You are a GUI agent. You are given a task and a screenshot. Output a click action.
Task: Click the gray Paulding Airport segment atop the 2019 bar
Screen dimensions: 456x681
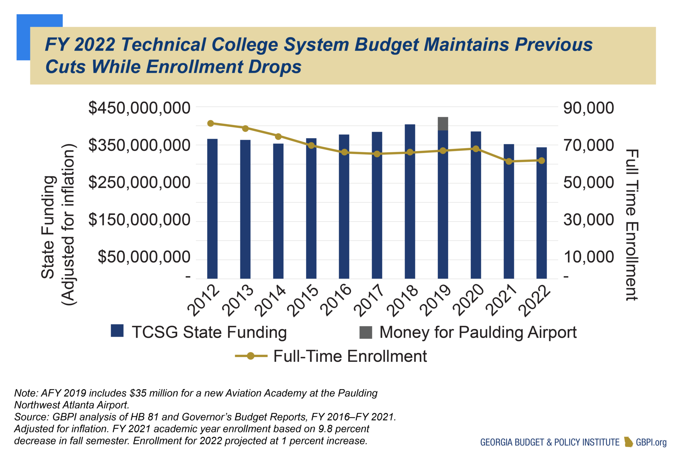(443, 124)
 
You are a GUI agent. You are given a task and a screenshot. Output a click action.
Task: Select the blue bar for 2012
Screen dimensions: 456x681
(212, 209)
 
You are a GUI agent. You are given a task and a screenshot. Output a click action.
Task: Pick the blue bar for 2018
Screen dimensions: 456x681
(410, 203)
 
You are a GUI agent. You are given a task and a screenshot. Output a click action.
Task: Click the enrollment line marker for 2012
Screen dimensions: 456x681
(210, 123)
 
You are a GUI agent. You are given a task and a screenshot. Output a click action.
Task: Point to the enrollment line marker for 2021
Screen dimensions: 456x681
(508, 162)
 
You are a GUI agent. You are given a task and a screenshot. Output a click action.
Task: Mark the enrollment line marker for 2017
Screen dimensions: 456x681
(377, 154)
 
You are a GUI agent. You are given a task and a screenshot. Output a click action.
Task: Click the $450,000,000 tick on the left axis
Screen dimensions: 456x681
(139, 108)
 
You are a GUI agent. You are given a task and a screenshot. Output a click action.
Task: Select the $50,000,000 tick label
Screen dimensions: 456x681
(144, 257)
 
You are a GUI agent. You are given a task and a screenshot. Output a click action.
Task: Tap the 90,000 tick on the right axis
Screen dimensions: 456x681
(588, 108)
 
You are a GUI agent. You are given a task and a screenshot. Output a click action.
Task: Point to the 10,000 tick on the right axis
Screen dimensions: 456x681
(588, 257)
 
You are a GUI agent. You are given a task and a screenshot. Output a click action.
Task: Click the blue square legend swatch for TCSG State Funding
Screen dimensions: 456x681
(117, 331)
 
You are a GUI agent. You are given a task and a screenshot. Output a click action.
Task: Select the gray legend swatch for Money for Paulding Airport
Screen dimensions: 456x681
(365, 332)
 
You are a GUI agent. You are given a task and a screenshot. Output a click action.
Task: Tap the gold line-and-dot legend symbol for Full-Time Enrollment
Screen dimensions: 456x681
(251, 356)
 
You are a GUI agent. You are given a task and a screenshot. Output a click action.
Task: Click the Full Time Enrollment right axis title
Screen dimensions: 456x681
(631, 225)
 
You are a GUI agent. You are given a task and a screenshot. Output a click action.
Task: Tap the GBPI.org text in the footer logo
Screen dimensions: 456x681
(651, 442)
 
